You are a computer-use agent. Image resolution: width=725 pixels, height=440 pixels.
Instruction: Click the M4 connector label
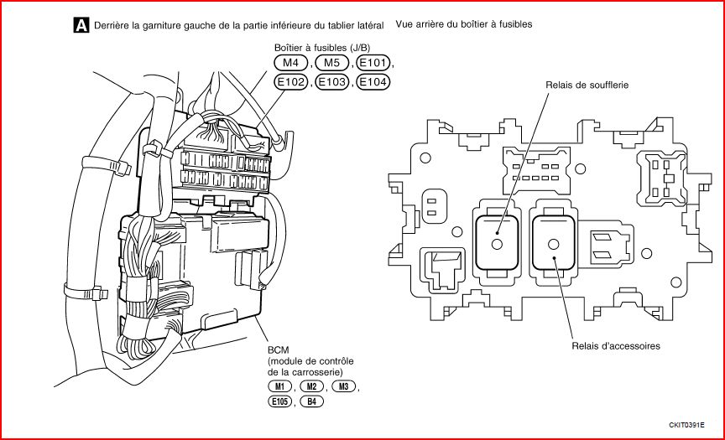click(x=290, y=64)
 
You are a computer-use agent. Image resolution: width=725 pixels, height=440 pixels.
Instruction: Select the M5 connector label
click(x=331, y=64)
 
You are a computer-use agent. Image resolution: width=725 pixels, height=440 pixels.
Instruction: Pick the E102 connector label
click(x=290, y=82)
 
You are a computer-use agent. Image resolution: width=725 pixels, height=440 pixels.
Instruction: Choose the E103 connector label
click(x=331, y=82)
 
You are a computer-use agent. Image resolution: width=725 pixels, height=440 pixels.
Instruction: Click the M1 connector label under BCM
click(x=282, y=387)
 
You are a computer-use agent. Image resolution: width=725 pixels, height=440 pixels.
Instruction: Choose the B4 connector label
click(x=311, y=402)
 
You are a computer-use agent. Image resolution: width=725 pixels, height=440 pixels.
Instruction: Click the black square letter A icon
click(x=81, y=25)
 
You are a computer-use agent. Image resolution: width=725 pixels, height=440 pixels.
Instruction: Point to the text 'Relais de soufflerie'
click(x=587, y=85)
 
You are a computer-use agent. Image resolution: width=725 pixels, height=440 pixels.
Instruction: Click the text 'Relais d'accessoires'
click(x=616, y=346)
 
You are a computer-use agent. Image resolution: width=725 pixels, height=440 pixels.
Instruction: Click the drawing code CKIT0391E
click(x=688, y=426)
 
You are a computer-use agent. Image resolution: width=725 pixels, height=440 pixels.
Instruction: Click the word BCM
click(x=279, y=349)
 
